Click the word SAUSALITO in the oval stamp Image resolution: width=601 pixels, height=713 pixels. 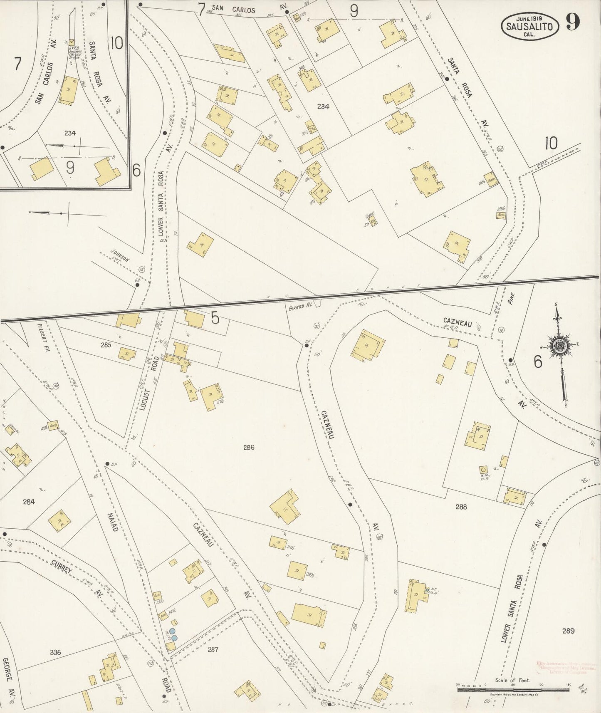click(x=529, y=27)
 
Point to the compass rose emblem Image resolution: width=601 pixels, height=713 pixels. click(x=558, y=344)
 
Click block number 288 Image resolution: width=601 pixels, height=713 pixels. click(x=461, y=507)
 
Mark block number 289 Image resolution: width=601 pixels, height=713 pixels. click(x=568, y=631)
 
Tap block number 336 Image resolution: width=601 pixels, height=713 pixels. click(x=55, y=652)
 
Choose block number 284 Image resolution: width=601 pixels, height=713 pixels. click(x=29, y=502)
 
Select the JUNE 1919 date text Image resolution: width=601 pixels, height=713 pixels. click(x=529, y=19)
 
